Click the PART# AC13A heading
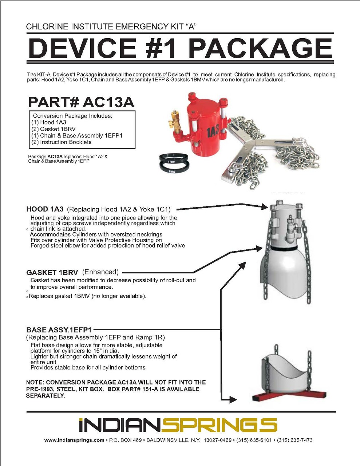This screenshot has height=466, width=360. pos(81,102)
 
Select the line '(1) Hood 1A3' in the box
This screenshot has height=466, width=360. pos(49,122)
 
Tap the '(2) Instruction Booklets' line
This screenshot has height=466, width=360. pos(62,142)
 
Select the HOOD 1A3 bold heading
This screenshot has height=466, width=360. pos(45,209)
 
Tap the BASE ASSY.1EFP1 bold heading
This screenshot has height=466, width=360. pos(59,330)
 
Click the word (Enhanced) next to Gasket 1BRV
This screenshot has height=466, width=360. pos(100,272)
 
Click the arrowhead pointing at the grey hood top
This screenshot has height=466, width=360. pos(265,207)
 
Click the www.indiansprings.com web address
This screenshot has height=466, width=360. pos(74,440)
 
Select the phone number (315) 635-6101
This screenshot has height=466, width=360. pos(254,440)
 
